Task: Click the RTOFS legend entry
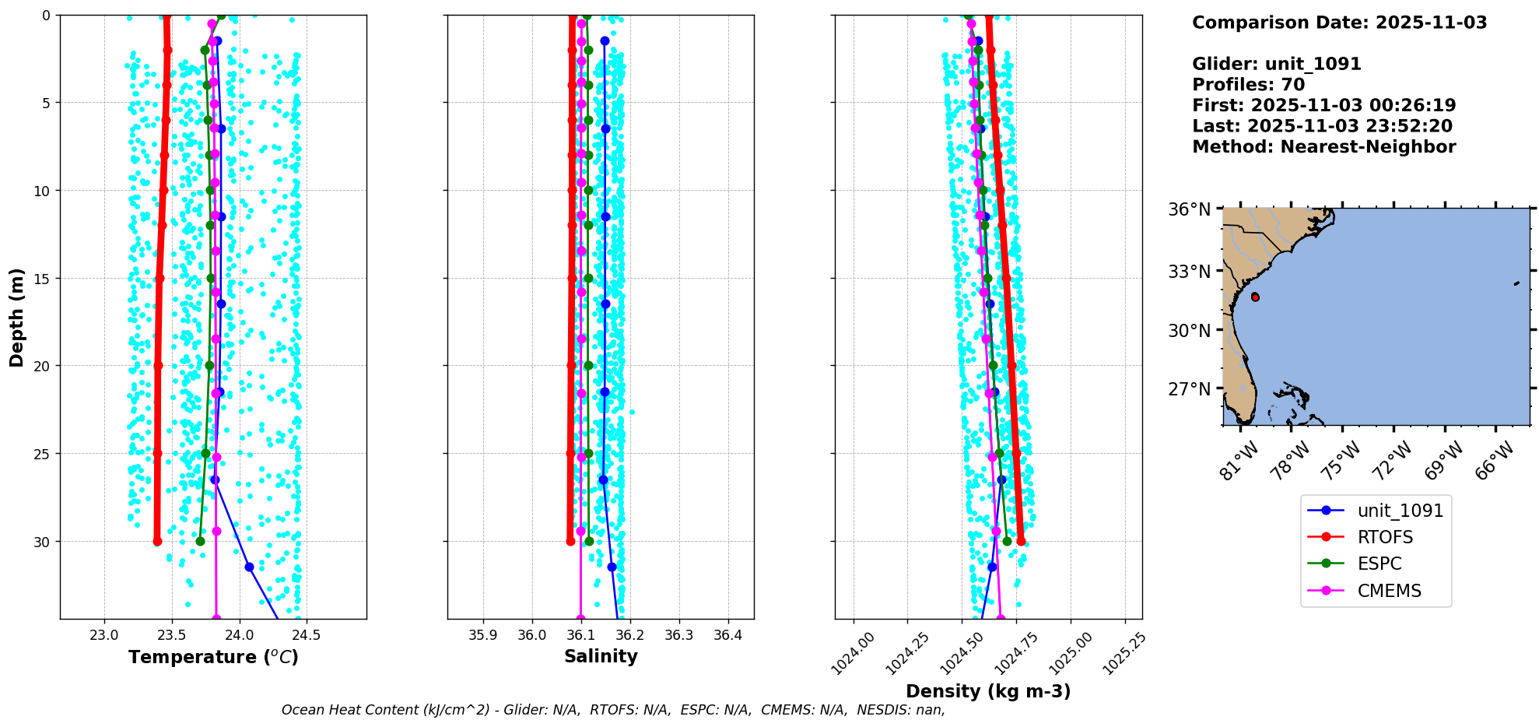[1385, 537]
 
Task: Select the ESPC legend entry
[1379, 564]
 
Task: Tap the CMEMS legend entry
[1389, 591]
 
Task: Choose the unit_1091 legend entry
[1400, 511]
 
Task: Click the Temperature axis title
[213, 657]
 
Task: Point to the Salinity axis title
[601, 656]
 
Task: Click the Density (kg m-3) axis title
[988, 691]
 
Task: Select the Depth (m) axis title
[17, 317]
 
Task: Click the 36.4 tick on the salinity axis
[727, 635]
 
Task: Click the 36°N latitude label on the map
[1189, 209]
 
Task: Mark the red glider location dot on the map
[1255, 297]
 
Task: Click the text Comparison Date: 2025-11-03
[1339, 23]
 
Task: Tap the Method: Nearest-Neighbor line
[1323, 147]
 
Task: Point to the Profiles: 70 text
[1248, 85]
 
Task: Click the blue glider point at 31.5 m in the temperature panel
[249, 567]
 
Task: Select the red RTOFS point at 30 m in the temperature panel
[157, 541]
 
